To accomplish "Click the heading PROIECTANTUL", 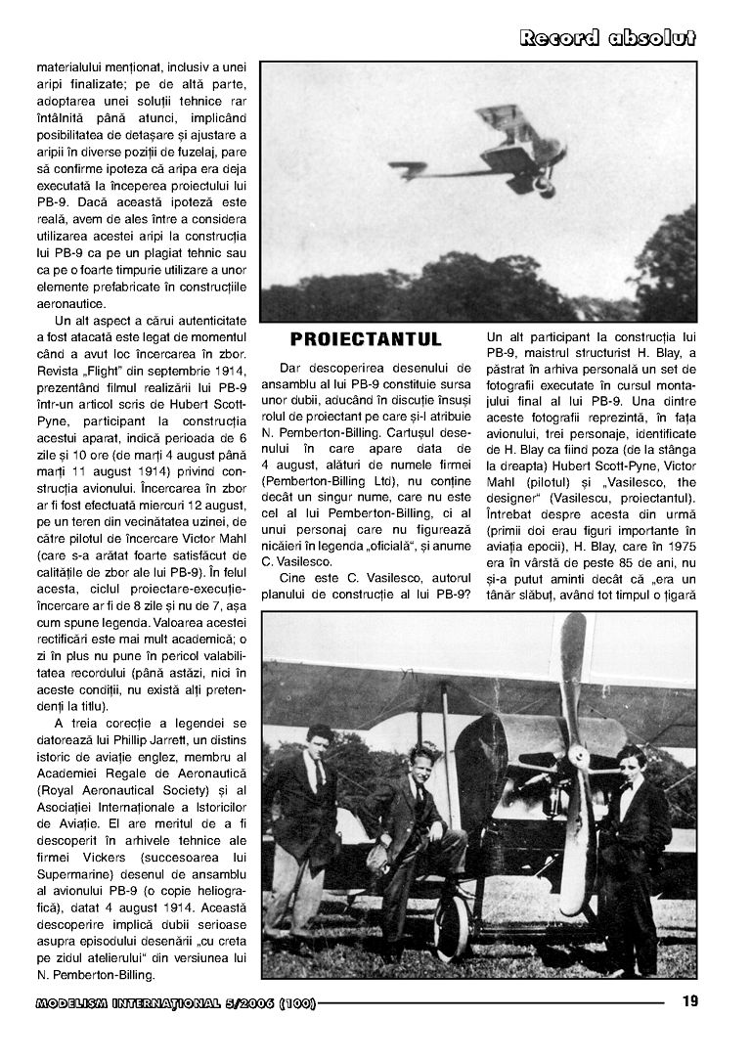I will click(366, 339).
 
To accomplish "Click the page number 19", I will click(688, 1000).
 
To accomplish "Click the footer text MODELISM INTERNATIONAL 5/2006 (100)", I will click(175, 1002).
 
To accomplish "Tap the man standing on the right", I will click(630, 851).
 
